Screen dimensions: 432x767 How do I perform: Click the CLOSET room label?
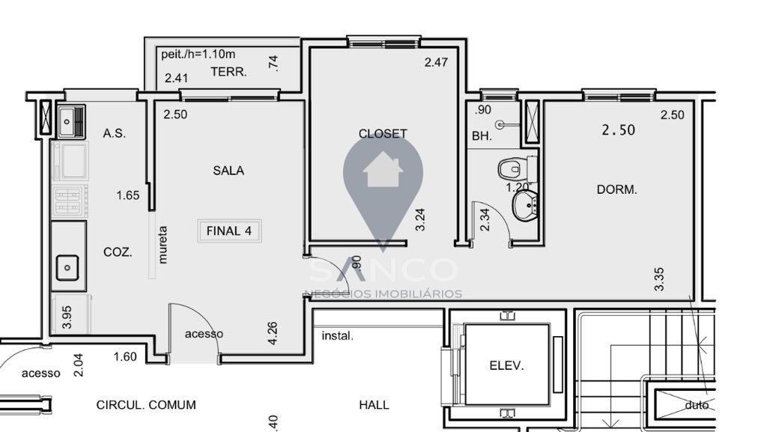383,134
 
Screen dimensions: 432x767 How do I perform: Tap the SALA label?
228,171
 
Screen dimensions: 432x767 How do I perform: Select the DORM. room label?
616,190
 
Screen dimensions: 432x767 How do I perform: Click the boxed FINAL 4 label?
228,231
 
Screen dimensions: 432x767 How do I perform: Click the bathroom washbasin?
524,205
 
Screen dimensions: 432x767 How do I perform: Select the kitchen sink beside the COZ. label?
67,266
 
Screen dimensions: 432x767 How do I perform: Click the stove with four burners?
70,201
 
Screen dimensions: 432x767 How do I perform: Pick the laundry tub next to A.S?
72,121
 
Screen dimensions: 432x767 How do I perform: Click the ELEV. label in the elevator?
506,366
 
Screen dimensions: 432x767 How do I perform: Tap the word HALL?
374,405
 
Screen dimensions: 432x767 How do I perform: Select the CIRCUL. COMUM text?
146,405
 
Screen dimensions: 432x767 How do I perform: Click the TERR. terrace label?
228,73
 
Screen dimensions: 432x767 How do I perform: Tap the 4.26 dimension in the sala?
273,333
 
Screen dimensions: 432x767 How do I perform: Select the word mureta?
163,245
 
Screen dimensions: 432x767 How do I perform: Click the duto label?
697,405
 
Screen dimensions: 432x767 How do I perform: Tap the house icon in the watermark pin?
383,170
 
